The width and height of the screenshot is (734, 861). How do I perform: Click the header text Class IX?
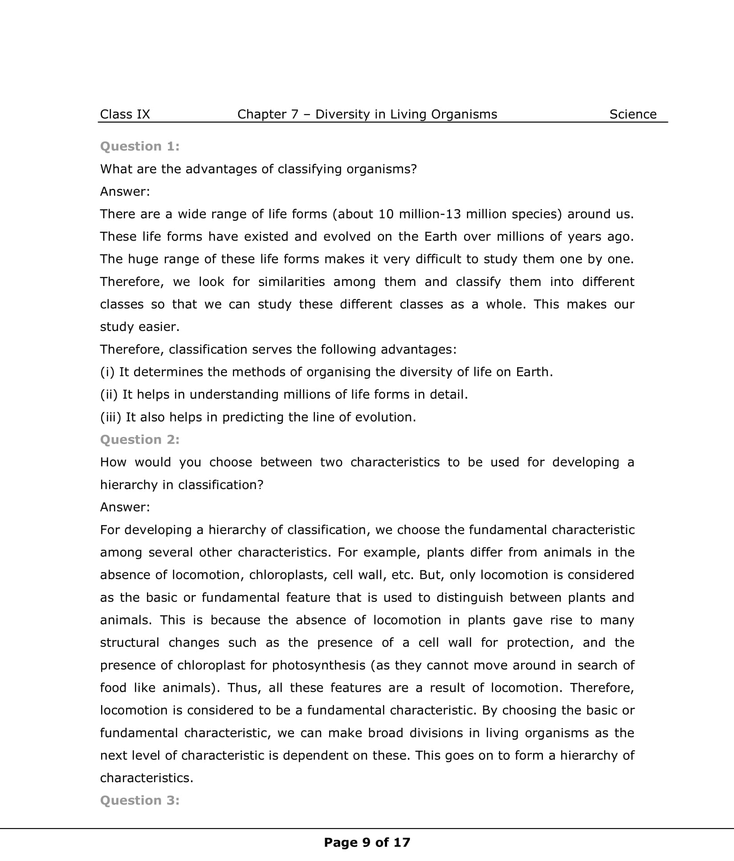[x=125, y=114]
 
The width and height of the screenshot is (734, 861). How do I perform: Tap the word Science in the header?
[x=632, y=114]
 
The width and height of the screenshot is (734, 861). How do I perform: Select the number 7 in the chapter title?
[x=294, y=114]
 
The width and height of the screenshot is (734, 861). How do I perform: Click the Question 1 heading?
[x=139, y=146]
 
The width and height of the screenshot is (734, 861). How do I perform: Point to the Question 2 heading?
[x=139, y=440]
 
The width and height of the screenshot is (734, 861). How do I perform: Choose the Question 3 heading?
[x=139, y=800]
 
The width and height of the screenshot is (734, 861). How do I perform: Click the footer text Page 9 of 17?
[x=367, y=842]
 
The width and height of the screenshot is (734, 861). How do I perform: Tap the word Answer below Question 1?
[x=125, y=192]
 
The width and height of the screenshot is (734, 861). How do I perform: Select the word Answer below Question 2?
[x=125, y=507]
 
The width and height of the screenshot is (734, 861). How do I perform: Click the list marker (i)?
[x=107, y=372]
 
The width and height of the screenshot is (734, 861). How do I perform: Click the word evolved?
[x=347, y=237]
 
